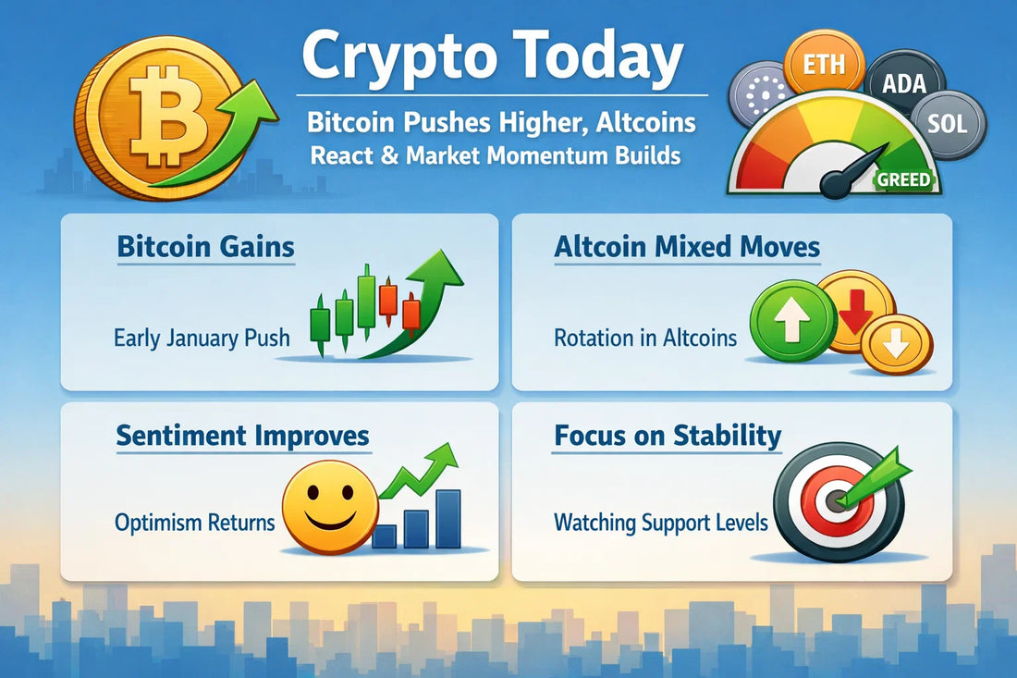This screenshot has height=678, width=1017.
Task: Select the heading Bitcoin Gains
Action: coord(205,247)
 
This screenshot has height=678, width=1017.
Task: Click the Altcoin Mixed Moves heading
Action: coord(687,247)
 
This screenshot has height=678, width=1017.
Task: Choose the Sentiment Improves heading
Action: coord(242,435)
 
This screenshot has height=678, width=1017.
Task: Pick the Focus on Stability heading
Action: coord(668,435)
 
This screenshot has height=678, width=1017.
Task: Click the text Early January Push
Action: coord(202,338)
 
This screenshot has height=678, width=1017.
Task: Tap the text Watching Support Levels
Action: coord(661,523)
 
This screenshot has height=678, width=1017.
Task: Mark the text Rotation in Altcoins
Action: coord(645,338)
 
